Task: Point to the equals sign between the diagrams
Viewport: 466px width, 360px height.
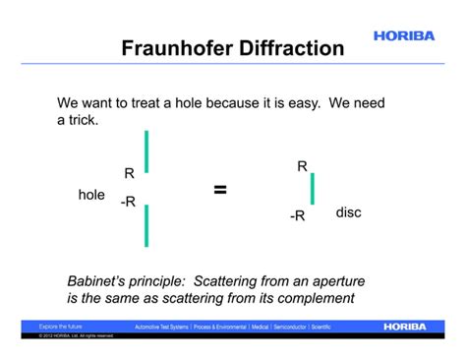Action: point(220,190)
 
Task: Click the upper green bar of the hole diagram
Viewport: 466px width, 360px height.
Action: point(146,151)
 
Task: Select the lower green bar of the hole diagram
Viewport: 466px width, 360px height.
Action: point(146,225)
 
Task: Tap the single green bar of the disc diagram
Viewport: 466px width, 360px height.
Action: point(313,189)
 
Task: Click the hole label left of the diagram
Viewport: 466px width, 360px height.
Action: point(91,195)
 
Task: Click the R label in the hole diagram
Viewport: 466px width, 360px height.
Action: point(129,174)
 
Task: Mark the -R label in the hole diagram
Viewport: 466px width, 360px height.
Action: point(128,202)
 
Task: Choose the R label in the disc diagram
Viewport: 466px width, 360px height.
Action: point(302,167)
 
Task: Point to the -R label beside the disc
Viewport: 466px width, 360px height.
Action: point(297,216)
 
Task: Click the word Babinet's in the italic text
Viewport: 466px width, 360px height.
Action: point(101,278)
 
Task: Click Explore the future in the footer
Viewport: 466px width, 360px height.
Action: point(61,326)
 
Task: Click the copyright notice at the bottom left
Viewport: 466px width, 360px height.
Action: point(76,335)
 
